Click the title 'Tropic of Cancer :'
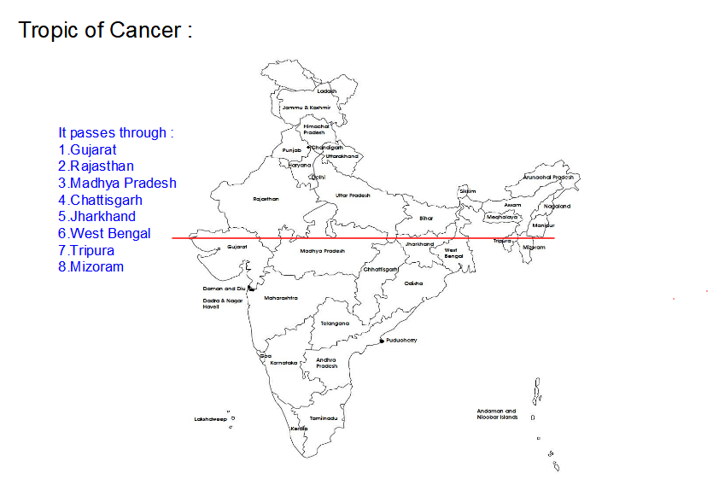tap(105, 30)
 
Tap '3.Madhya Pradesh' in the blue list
tap(117, 183)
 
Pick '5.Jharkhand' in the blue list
tap(96, 216)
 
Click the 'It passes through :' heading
tap(116, 132)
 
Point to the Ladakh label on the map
tap(327, 91)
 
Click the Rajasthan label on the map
tap(266, 199)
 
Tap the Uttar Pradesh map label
tap(353, 195)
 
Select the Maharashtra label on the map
tap(281, 298)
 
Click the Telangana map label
tap(335, 324)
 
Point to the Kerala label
tap(299, 428)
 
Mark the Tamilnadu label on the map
tap(324, 418)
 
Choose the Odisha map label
tap(413, 283)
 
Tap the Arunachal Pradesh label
tap(549, 178)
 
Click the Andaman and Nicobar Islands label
tap(497, 414)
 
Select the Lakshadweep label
tap(209, 419)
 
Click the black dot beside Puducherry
tap(382, 341)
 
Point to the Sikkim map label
tap(467, 191)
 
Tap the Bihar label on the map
tap(426, 219)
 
